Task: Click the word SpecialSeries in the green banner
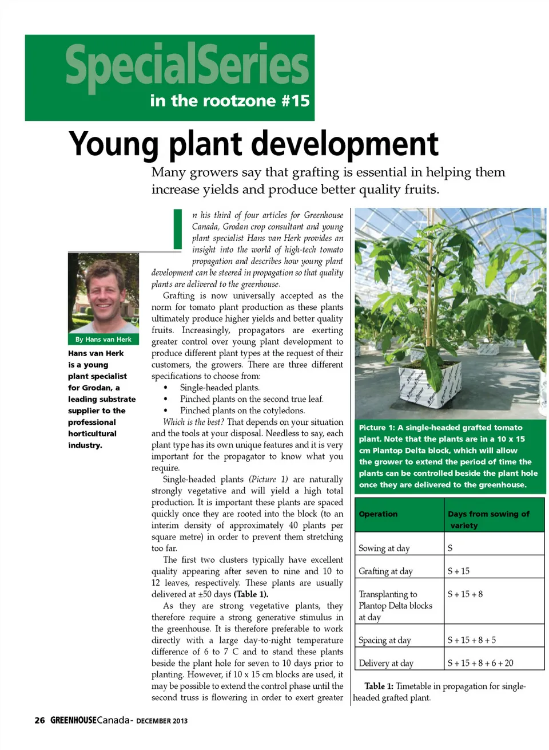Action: click(187, 65)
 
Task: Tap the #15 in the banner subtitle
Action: click(296, 101)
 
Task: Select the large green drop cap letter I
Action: click(178, 229)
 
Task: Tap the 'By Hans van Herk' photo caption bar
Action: click(104, 340)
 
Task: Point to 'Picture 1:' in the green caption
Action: click(377, 428)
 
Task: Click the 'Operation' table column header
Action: click(378, 514)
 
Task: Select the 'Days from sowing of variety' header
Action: click(488, 519)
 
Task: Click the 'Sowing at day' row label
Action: click(384, 548)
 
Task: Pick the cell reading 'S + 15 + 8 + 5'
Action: click(472, 640)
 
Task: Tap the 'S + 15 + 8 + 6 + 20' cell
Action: click(480, 663)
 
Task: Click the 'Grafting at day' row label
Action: click(385, 571)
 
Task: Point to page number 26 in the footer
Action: click(39, 720)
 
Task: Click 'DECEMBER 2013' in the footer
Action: click(162, 721)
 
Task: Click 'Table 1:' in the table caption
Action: click(379, 686)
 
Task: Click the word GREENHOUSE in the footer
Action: click(73, 720)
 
